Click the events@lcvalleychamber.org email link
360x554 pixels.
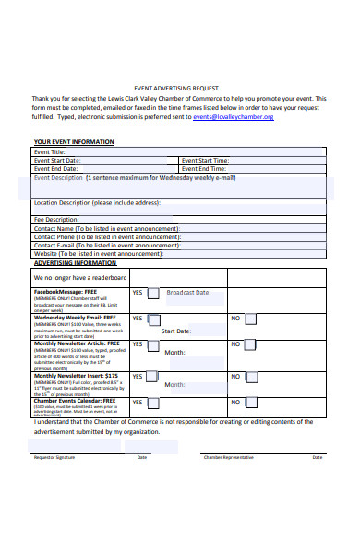tap(233, 118)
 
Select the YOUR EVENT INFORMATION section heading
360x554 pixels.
tap(74, 142)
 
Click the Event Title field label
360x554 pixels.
tap(50, 151)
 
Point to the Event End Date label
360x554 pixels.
tap(55, 169)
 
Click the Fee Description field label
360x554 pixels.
tap(56, 220)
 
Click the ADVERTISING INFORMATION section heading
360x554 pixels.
tap(75, 263)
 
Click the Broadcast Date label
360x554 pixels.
tap(188, 293)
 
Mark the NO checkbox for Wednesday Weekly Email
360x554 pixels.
tap(249, 319)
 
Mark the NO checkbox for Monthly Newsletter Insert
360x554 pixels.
tap(249, 378)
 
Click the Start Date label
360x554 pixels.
tap(175, 331)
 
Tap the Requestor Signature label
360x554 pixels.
tap(54, 457)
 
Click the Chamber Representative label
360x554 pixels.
tap(228, 457)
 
